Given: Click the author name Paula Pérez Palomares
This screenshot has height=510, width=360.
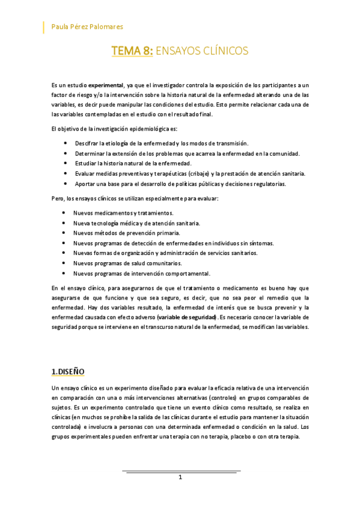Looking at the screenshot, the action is pyautogui.click(x=87, y=26).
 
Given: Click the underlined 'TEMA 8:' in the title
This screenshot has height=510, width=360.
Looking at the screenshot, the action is pyautogui.click(x=132, y=52).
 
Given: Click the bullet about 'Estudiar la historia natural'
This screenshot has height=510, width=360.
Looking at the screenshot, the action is pyautogui.click(x=133, y=164).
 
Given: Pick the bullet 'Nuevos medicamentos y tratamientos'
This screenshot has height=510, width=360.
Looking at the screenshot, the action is pyautogui.click(x=123, y=213).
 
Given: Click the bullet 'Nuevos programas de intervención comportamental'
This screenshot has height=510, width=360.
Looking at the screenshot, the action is pyautogui.click(x=141, y=273).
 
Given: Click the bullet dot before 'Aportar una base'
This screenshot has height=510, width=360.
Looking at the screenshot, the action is pyautogui.click(x=65, y=183).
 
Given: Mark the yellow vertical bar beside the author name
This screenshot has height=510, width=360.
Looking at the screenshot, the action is pyautogui.click(x=44, y=26).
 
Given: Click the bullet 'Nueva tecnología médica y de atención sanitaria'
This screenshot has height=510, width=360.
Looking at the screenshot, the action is pyautogui.click(x=136, y=223).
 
